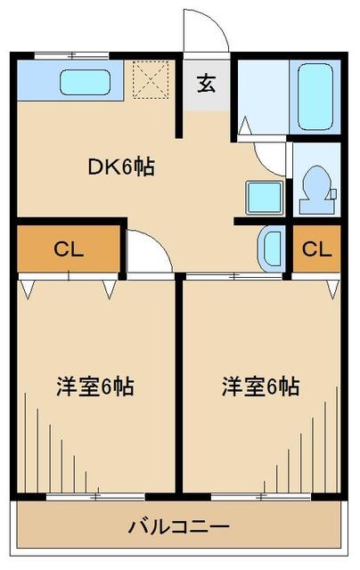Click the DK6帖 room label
click(x=121, y=167)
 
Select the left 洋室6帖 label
click(x=95, y=387)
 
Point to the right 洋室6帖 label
click(x=261, y=387)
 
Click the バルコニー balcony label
click(x=179, y=526)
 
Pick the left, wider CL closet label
click(x=69, y=249)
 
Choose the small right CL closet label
click(x=316, y=249)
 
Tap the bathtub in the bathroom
click(x=315, y=96)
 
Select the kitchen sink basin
click(x=85, y=82)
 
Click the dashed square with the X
click(x=151, y=79)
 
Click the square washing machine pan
click(x=265, y=198)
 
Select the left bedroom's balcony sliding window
click(x=95, y=497)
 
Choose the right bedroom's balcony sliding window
click(x=261, y=497)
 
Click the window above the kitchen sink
click(x=72, y=56)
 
